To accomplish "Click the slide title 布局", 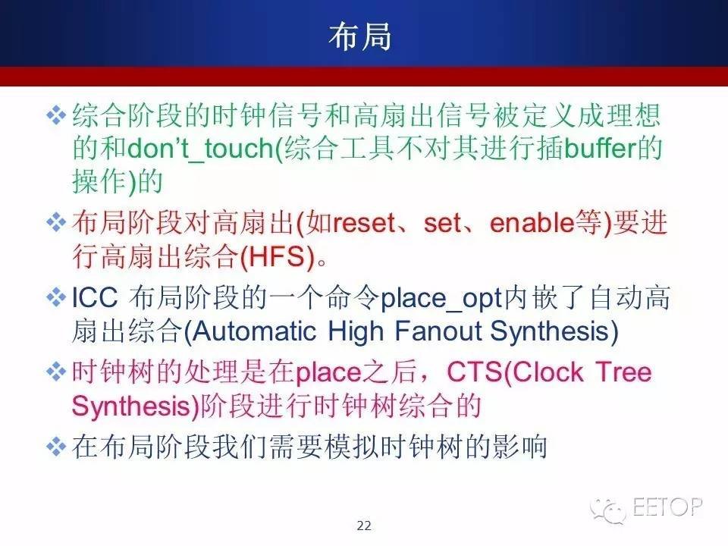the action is (x=359, y=36).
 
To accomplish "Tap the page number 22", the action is (x=364, y=526).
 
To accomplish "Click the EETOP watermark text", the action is (x=667, y=507).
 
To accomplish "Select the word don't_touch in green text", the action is (x=202, y=149).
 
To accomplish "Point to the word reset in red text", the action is (x=363, y=223).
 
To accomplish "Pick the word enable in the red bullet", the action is (x=532, y=222).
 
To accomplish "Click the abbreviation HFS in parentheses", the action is (x=277, y=256).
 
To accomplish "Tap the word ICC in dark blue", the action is (x=95, y=297).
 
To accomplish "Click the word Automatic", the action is (x=255, y=331).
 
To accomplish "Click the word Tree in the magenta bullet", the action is (x=623, y=372).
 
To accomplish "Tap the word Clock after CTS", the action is (x=548, y=372).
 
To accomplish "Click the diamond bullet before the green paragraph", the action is (x=56, y=115).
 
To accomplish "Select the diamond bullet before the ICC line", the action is (x=56, y=297).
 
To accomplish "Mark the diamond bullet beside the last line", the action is (x=56, y=447).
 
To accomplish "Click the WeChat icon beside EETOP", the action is (x=608, y=510).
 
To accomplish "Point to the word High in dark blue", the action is (x=356, y=331).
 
